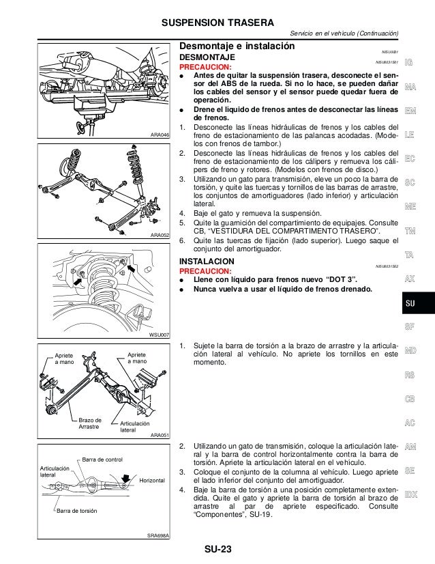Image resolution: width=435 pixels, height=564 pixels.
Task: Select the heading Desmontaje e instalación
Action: pos(236,47)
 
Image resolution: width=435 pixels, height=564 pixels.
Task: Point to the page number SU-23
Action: pos(217,550)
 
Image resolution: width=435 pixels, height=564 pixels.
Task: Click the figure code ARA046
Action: pos(159,135)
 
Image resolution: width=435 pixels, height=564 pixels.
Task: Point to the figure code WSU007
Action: pos(159,334)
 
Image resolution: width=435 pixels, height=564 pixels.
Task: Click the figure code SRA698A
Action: pos(157,535)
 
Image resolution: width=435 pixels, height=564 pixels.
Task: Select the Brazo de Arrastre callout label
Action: pos(89,423)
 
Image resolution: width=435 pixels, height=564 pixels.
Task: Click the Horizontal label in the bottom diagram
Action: pos(153,481)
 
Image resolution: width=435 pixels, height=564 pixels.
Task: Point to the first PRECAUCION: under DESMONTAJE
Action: pos(205,68)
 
